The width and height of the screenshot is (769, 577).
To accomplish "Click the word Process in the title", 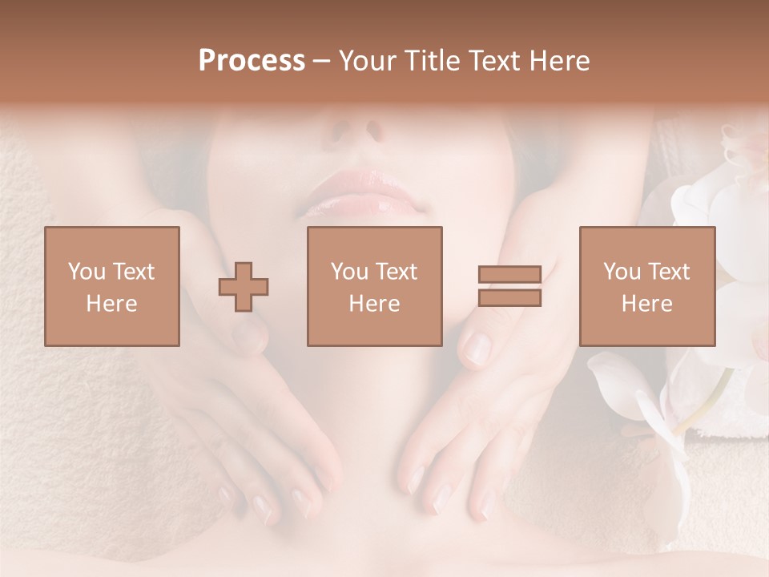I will [252, 61].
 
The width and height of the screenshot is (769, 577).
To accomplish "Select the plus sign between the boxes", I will [244, 287].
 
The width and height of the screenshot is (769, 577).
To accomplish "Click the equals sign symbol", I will [509, 287].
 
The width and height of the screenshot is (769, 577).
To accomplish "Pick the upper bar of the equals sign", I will [509, 276].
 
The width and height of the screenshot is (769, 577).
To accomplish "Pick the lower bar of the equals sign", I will [509, 298].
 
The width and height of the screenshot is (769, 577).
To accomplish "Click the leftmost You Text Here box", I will [111, 286].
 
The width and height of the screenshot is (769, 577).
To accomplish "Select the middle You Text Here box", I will [374, 286].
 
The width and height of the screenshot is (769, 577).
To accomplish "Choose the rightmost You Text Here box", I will [646, 286].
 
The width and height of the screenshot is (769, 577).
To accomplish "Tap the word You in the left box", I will [85, 272].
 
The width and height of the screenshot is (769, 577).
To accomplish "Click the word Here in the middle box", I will [374, 304].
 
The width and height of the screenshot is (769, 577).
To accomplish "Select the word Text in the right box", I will [669, 272].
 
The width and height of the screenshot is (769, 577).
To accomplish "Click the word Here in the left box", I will [111, 304].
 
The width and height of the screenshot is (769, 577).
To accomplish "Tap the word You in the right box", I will [621, 272].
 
